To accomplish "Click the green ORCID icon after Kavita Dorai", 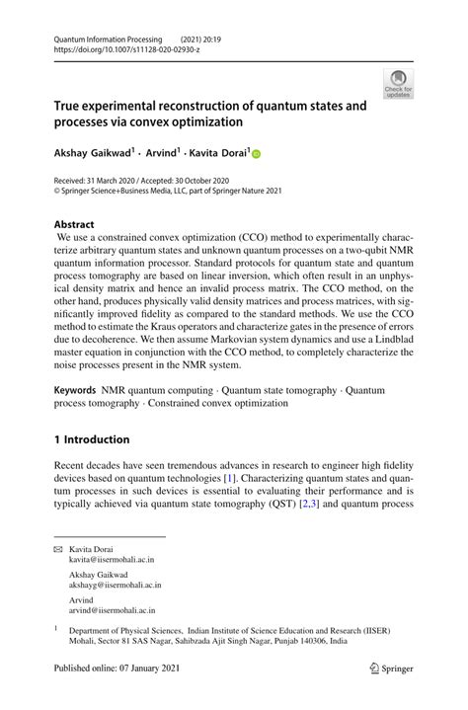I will pos(256,154).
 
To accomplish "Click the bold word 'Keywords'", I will pos(75,391).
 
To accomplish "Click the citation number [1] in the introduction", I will pos(313,477).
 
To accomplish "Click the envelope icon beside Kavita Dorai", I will pos(58,547).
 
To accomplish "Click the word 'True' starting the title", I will pos(69,106).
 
